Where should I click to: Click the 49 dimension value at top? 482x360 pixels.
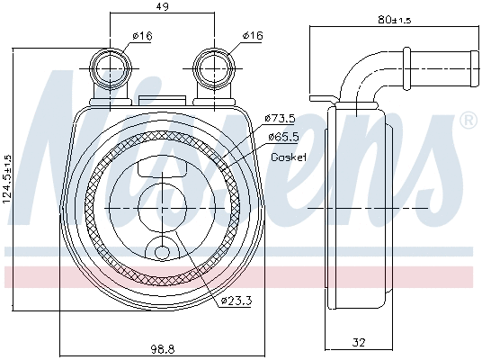(163, 7)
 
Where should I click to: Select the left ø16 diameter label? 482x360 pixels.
(140, 35)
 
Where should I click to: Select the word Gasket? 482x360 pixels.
(289, 157)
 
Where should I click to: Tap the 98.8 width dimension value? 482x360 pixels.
(162, 347)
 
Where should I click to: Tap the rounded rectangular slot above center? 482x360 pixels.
(163, 167)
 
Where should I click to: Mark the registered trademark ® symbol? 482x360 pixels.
(468, 120)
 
